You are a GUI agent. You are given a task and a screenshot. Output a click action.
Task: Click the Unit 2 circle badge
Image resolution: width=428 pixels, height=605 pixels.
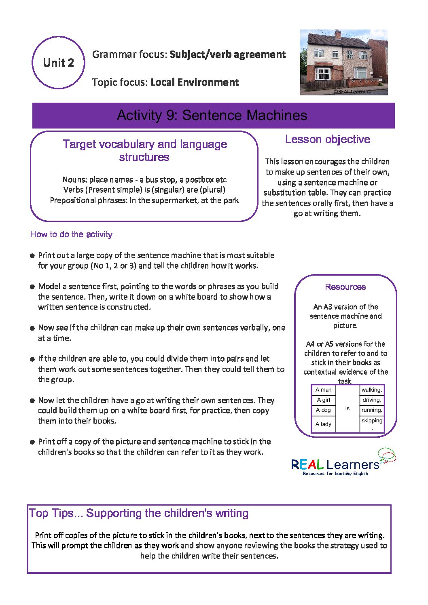point(59,63)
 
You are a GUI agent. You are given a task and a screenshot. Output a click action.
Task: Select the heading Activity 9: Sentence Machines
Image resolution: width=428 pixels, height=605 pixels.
point(212,116)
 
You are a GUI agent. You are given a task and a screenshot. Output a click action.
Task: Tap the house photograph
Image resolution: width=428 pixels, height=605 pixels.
point(344,62)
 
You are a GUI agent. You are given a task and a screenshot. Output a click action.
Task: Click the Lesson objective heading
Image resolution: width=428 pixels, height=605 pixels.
point(328,139)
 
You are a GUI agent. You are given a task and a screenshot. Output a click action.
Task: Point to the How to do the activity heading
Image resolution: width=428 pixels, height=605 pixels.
point(71,234)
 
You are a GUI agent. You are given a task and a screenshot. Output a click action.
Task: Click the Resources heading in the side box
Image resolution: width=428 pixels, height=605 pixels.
point(345,287)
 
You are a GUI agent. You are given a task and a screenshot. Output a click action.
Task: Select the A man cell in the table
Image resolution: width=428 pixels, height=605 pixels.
point(324,390)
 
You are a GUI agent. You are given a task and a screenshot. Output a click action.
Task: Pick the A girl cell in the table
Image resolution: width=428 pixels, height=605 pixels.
point(324,400)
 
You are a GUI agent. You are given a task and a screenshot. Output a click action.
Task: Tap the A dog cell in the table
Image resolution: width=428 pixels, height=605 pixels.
point(324,410)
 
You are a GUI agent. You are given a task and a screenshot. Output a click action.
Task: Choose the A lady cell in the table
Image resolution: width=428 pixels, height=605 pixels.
point(324,424)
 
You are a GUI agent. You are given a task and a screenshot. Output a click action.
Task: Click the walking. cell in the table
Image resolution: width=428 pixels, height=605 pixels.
point(372,390)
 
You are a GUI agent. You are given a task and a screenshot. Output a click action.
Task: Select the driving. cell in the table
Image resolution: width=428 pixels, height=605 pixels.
point(372,400)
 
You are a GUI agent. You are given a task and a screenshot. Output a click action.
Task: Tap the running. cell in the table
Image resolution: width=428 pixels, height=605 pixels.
point(372,410)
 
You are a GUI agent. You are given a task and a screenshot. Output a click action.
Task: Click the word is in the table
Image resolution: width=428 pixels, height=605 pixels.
point(347,409)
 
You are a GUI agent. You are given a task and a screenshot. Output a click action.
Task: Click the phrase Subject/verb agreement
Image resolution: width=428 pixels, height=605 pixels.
point(228,55)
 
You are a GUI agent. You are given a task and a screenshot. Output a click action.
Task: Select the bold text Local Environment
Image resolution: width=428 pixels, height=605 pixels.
point(195,82)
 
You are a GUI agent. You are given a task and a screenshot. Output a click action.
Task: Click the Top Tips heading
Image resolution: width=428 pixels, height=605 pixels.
point(139,513)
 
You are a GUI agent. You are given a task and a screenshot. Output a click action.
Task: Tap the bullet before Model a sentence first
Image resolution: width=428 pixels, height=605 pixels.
point(32,287)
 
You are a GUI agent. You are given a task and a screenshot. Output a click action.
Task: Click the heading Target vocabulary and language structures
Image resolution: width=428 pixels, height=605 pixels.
point(145,150)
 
